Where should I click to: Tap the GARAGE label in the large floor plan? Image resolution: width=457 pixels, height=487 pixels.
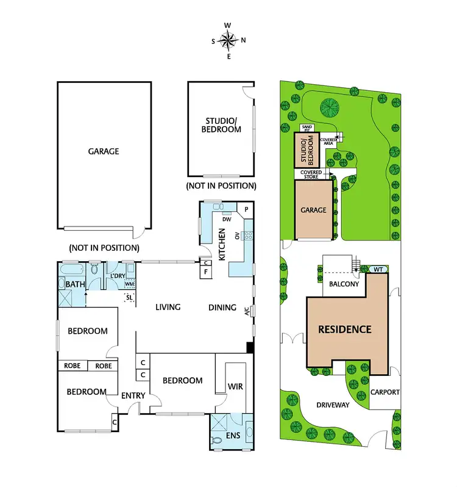pos(103,151)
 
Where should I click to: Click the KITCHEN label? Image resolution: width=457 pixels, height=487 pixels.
pos(222,245)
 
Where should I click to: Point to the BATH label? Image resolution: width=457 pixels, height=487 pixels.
pos(76,284)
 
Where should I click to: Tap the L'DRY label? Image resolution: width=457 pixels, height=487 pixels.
pos(117,276)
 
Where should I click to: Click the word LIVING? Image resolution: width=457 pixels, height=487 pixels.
pos(168,307)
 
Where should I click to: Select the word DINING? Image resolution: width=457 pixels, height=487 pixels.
pos(222,307)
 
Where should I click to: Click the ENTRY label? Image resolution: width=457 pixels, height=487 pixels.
pos(133,395)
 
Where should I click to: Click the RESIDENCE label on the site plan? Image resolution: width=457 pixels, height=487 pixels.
pos(345,330)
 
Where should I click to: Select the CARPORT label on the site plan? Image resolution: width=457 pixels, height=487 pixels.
pos(385,392)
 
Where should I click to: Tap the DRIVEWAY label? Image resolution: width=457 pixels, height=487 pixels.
pos(332,404)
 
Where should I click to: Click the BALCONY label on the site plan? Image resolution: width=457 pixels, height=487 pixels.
pos(344,284)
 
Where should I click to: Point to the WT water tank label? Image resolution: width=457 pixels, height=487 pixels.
pos(378,269)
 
